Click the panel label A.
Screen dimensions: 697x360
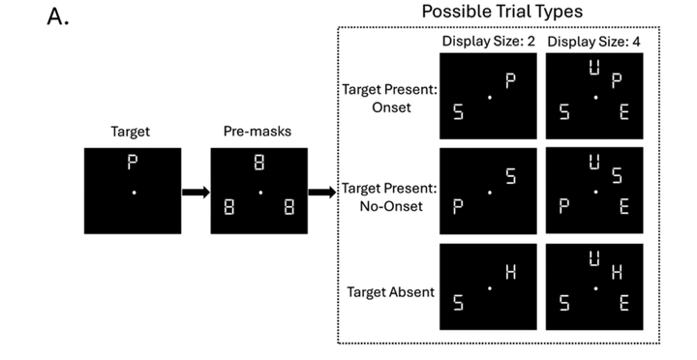(x=58, y=17)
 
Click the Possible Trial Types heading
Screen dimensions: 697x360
(x=501, y=12)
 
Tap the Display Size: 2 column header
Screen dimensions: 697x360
(x=489, y=42)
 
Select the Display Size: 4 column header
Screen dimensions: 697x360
(x=593, y=42)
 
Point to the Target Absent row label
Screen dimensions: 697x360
(x=391, y=292)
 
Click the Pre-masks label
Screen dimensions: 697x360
(x=258, y=131)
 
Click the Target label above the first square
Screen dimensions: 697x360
(x=131, y=132)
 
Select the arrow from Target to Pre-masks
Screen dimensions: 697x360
(x=196, y=193)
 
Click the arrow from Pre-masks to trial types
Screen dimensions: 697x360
(x=321, y=193)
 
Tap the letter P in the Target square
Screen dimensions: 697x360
(x=132, y=162)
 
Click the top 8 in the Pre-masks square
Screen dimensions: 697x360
(x=259, y=163)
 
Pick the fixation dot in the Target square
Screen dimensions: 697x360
(x=134, y=193)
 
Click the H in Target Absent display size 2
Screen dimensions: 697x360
(x=511, y=272)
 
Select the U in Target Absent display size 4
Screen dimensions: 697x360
(x=594, y=258)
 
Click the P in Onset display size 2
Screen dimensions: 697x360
(x=510, y=81)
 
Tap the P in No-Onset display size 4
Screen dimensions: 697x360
(x=563, y=207)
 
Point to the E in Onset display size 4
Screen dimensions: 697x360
(x=624, y=112)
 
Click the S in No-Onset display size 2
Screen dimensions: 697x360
(x=511, y=176)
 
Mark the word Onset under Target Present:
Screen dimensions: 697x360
(x=391, y=107)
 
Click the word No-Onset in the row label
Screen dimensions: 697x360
(x=391, y=206)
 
